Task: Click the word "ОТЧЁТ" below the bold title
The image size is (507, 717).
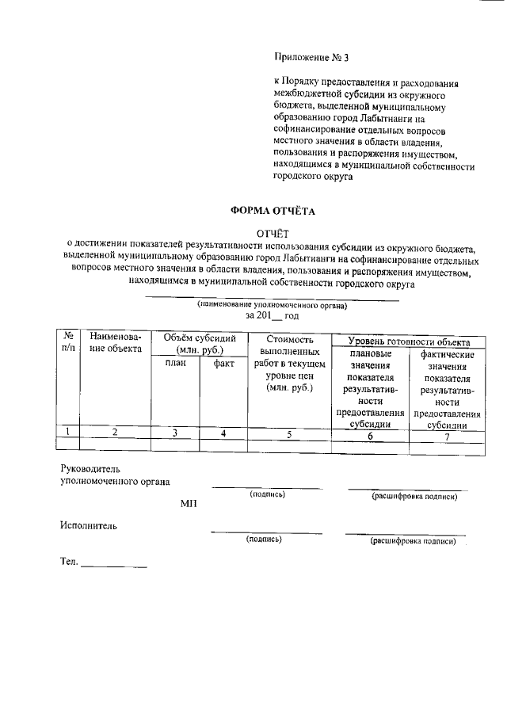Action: [272, 233]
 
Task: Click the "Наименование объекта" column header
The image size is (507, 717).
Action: [116, 342]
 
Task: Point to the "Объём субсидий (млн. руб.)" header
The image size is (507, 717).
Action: [200, 343]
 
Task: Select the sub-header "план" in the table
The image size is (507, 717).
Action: [175, 363]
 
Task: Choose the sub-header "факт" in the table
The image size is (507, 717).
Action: [224, 363]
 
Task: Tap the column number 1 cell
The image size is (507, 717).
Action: [69, 433]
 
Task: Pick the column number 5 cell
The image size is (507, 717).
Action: [289, 433]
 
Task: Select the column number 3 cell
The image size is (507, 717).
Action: [175, 433]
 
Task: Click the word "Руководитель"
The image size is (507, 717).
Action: [91, 469]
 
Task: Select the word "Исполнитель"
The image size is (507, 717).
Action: [88, 524]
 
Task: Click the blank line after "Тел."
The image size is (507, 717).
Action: [113, 563]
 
